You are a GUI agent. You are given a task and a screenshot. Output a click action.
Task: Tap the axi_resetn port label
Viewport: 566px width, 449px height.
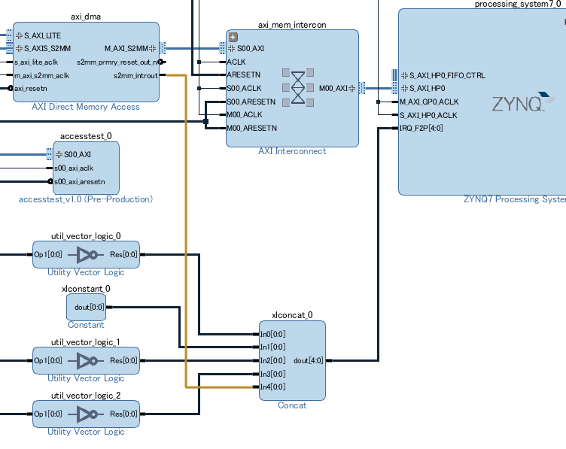coord(30,89)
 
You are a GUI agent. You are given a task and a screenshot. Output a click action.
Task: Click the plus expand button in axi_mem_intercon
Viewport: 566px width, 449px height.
coord(233,37)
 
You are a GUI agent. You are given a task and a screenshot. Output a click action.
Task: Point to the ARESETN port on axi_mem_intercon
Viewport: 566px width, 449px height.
coord(243,75)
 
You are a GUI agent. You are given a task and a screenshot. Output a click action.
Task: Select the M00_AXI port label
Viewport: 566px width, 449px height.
coord(332,88)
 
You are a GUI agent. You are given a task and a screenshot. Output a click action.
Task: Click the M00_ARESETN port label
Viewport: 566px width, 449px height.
coord(251,128)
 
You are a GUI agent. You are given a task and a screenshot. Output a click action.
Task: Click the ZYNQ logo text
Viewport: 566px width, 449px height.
coord(518,104)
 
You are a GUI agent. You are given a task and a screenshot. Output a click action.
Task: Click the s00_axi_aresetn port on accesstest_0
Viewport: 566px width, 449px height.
coord(79,182)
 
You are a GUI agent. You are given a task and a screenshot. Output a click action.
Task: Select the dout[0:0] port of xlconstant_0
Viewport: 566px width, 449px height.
coord(89,307)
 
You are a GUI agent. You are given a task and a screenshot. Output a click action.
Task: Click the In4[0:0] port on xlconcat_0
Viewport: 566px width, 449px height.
coord(272,387)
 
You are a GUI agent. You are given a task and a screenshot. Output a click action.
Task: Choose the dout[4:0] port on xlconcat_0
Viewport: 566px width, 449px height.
coord(309,360)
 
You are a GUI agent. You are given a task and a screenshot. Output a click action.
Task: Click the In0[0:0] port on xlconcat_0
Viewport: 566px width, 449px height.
coord(272,334)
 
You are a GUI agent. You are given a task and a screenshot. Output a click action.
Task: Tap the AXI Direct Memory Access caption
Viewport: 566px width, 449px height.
coord(86,107)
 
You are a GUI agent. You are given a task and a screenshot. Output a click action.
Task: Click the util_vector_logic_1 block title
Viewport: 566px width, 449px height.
coord(86,342)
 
